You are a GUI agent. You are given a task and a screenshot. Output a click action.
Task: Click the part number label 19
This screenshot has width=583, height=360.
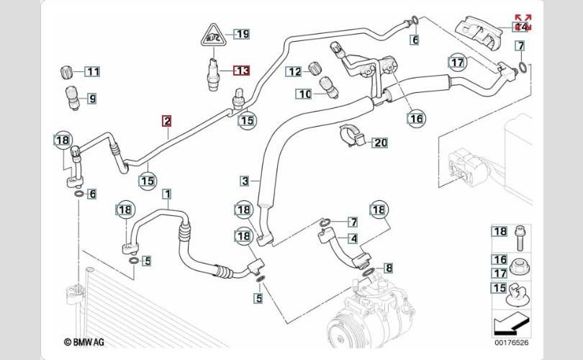point(242,34)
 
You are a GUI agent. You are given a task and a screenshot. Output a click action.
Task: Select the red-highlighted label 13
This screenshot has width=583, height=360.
point(242,71)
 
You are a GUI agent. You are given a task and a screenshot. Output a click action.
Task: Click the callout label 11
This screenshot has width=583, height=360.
point(94,71)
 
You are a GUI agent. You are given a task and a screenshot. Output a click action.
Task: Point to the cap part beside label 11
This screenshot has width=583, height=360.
point(66,72)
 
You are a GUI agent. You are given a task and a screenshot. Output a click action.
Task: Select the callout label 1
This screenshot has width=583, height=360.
point(167,194)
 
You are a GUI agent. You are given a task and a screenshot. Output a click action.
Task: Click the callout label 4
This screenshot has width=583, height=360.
point(353,238)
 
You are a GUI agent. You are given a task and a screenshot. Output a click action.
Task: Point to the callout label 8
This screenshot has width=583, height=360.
point(389,269)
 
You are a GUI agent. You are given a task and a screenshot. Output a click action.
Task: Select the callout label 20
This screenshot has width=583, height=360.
point(379,143)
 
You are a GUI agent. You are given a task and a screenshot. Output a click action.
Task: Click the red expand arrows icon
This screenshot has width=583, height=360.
point(523,22)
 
